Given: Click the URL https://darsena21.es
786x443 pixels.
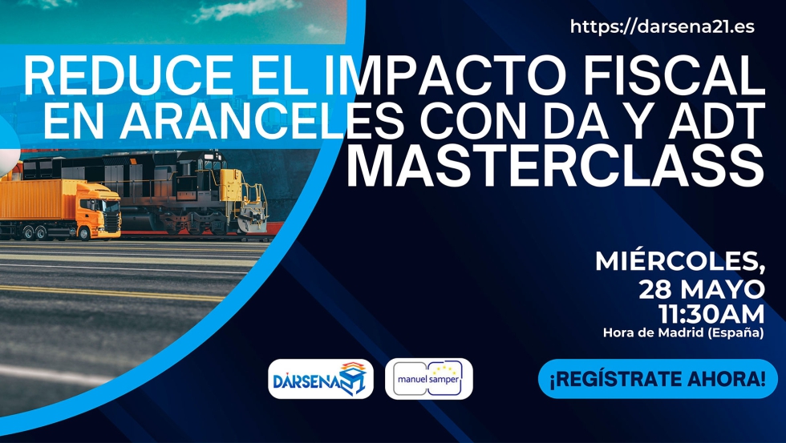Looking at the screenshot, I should click(662, 26).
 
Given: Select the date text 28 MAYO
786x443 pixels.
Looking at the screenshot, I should click(701, 288).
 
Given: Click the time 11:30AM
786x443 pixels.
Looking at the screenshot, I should click(711, 312).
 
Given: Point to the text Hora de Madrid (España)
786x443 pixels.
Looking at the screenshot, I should click(683, 332).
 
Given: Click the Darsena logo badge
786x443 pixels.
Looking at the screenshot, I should click(320, 379).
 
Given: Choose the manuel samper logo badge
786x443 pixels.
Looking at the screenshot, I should click(429, 379).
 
